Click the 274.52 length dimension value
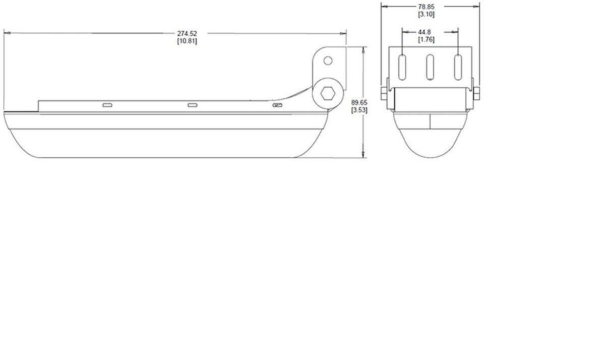point(187,33)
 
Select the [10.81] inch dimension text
point(187,41)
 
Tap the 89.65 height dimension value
point(359,103)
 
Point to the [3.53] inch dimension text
point(359,110)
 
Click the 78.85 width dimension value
point(426,7)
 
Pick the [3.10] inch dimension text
point(426,14)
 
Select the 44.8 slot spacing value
point(425,32)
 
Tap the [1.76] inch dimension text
point(426,39)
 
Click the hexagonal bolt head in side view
point(328,93)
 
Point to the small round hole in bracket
point(328,61)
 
